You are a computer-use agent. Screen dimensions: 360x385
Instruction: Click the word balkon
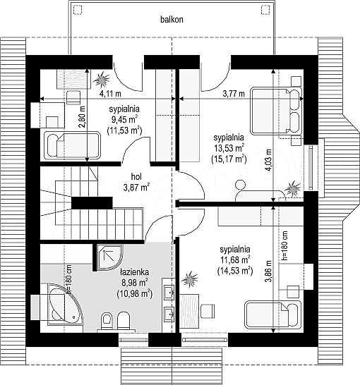tap(172, 20)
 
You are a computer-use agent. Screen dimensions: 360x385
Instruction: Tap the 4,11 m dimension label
tap(110, 94)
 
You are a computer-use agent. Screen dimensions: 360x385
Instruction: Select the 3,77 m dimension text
tap(234, 94)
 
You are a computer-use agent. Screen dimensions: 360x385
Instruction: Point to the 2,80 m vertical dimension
tap(82, 117)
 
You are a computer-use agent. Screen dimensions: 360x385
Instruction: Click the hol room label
tap(136, 176)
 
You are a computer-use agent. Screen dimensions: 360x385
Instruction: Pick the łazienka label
tap(134, 272)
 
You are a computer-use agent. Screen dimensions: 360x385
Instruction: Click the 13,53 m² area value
tap(229, 148)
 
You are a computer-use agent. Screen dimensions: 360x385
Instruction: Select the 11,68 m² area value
tap(235, 260)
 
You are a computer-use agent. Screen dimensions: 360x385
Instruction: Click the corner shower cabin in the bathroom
tap(109, 257)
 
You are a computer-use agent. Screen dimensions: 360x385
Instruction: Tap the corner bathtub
tap(64, 303)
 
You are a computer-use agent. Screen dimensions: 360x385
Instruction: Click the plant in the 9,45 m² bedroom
tap(101, 79)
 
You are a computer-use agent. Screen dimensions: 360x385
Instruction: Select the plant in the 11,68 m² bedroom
tap(189, 279)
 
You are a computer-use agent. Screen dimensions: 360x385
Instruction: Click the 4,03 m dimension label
tap(270, 161)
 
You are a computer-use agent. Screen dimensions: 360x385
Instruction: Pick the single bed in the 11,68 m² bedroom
tap(272, 314)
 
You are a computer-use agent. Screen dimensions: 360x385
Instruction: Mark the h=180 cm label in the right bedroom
tap(284, 245)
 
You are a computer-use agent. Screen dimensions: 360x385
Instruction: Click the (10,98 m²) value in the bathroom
tap(134, 293)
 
